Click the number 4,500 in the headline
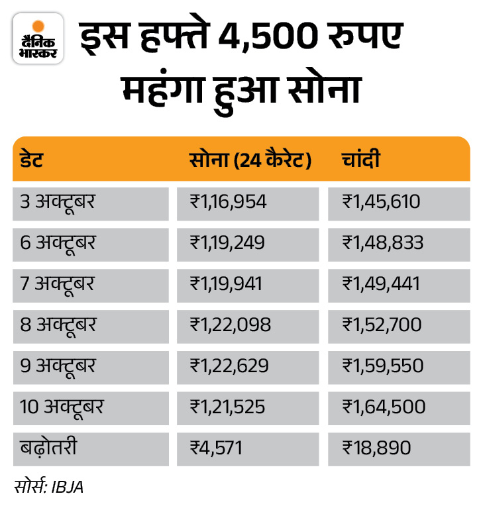pyautogui.click(x=265, y=42)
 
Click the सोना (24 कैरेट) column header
pyautogui.click(x=250, y=160)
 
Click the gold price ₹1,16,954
pyautogui.click(x=229, y=201)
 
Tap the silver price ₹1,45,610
pyautogui.click(x=382, y=201)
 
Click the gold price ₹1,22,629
pyautogui.click(x=229, y=366)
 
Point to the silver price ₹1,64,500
pyautogui.click(x=383, y=406)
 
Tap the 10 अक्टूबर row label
pyautogui.click(x=62, y=406)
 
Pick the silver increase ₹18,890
pyautogui.click(x=376, y=448)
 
